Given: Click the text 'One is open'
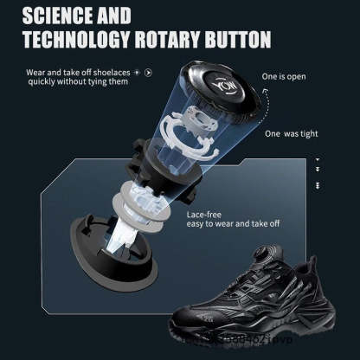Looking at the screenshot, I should [x=284, y=76].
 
